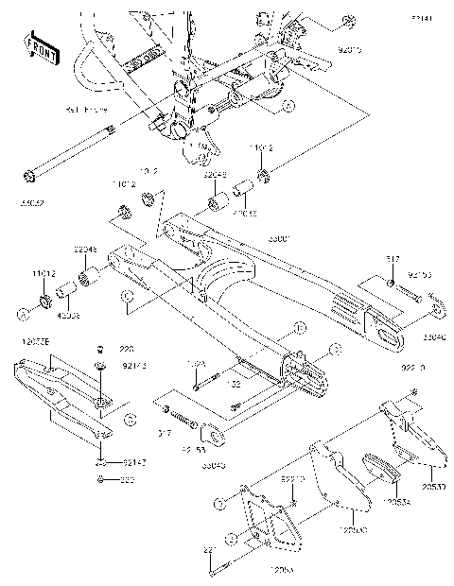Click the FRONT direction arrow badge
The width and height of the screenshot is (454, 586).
(x=37, y=48)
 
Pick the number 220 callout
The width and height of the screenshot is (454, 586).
(x=127, y=348)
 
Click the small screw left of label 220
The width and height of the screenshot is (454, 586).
(x=100, y=349)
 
